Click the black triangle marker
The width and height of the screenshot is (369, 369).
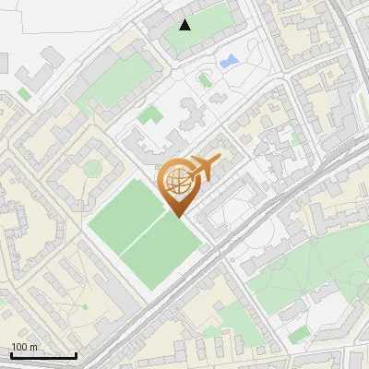tap(185, 24)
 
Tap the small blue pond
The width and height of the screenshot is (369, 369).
tap(228, 62)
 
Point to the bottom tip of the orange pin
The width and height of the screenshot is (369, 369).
tap(178, 217)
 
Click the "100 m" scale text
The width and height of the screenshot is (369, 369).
tap(25, 347)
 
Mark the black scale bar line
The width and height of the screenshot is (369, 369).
tap(43, 355)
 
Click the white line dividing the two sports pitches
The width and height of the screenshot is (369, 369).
tap(145, 225)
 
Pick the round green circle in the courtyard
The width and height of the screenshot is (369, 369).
tap(92, 168)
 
